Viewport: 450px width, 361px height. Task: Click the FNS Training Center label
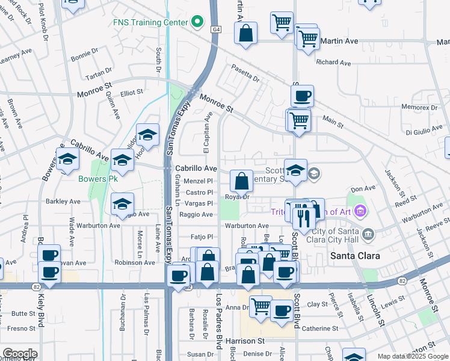point(150,22)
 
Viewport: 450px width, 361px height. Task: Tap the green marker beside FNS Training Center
point(197,23)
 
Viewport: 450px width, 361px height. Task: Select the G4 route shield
point(215,29)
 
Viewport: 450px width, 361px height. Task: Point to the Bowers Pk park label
point(98,179)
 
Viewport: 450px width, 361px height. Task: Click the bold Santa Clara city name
point(356,256)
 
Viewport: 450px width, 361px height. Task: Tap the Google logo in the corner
point(19,354)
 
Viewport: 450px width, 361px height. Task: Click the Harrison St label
point(245,341)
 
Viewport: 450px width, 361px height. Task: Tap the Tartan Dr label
point(98,71)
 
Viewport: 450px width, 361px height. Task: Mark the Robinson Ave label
point(135,262)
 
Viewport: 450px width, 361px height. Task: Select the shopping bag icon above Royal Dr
point(241,180)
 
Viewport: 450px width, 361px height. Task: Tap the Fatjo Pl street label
point(202,237)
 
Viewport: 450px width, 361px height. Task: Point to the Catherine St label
point(320,329)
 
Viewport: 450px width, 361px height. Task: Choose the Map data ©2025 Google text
point(412,356)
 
